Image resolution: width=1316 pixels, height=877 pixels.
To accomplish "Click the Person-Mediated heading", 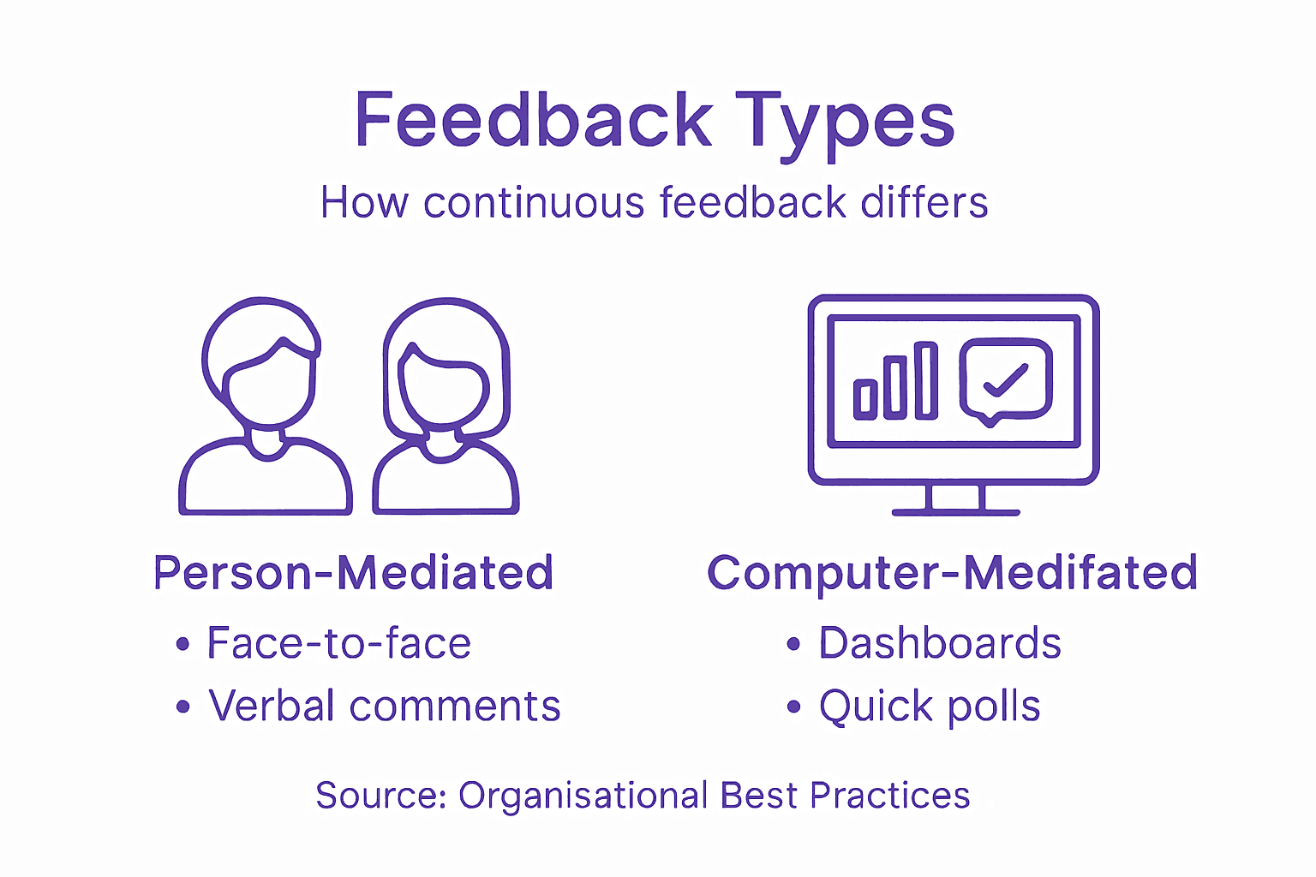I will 353,573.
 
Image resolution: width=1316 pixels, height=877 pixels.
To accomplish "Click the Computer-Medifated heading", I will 952,573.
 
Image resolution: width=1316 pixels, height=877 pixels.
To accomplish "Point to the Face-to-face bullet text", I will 338,643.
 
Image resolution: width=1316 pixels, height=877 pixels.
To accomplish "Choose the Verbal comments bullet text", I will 385,707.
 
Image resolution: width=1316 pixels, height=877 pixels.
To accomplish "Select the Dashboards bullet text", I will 940,643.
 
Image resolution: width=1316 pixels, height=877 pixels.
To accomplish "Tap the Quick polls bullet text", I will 930,707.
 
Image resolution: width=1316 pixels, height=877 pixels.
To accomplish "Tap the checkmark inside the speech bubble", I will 1005,379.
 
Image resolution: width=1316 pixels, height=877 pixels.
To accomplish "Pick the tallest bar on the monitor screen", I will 925,381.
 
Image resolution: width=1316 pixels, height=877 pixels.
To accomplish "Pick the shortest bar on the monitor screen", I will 865,400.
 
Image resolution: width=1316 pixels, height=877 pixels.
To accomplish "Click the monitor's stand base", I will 955,512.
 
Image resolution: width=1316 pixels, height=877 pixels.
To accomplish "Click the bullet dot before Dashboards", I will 793,644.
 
